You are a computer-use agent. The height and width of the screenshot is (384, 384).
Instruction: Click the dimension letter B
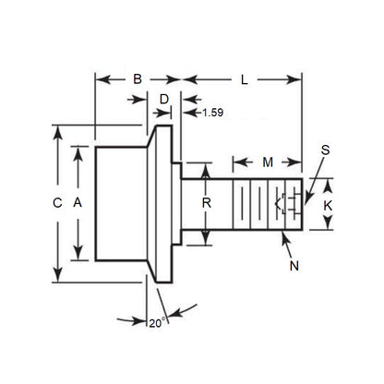[x=138, y=80]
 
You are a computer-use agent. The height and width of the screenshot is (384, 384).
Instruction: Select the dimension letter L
[x=244, y=80]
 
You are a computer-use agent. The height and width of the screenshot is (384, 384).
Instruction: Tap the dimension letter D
[x=164, y=99]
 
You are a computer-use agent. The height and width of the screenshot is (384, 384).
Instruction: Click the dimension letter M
[x=268, y=163]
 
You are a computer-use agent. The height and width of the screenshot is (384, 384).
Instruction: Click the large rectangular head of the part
[x=120, y=202]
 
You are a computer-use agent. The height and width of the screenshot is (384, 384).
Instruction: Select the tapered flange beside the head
[x=163, y=202]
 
